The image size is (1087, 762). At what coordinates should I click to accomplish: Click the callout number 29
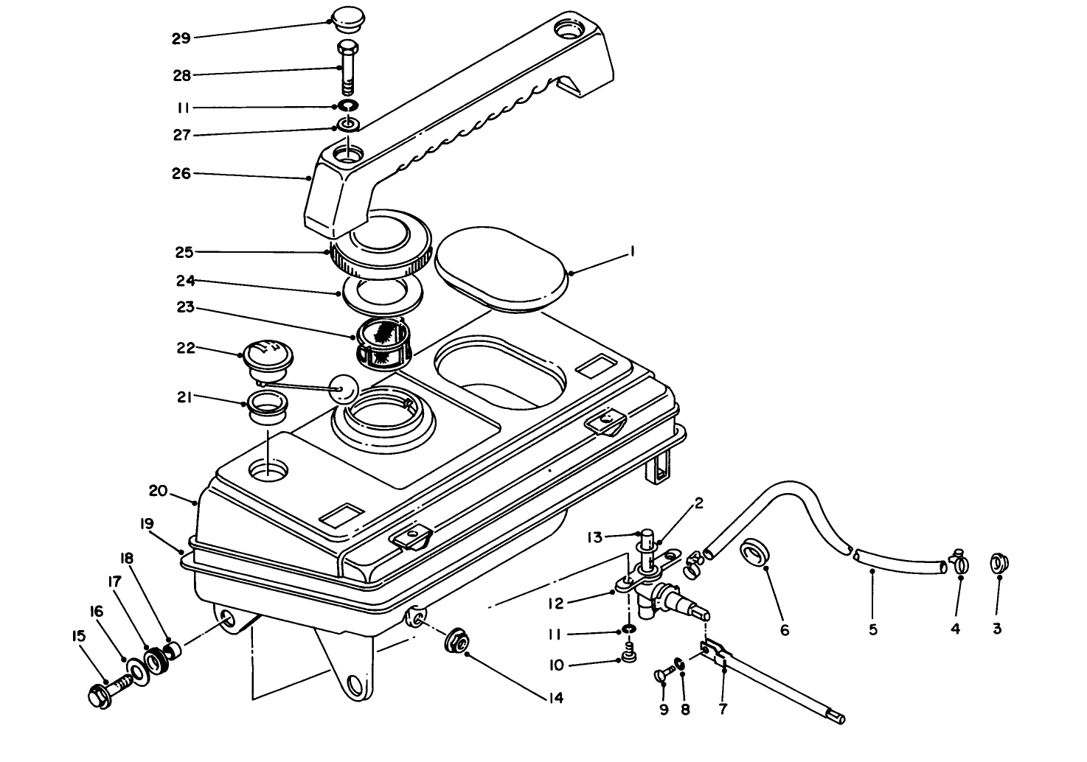coord(181,38)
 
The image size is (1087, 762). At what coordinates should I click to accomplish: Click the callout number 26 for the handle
coord(181,174)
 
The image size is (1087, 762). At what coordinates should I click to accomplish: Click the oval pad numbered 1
coord(501,273)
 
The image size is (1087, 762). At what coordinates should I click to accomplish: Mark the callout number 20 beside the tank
coord(158,491)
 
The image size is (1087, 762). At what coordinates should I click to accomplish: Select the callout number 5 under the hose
coord(872,629)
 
